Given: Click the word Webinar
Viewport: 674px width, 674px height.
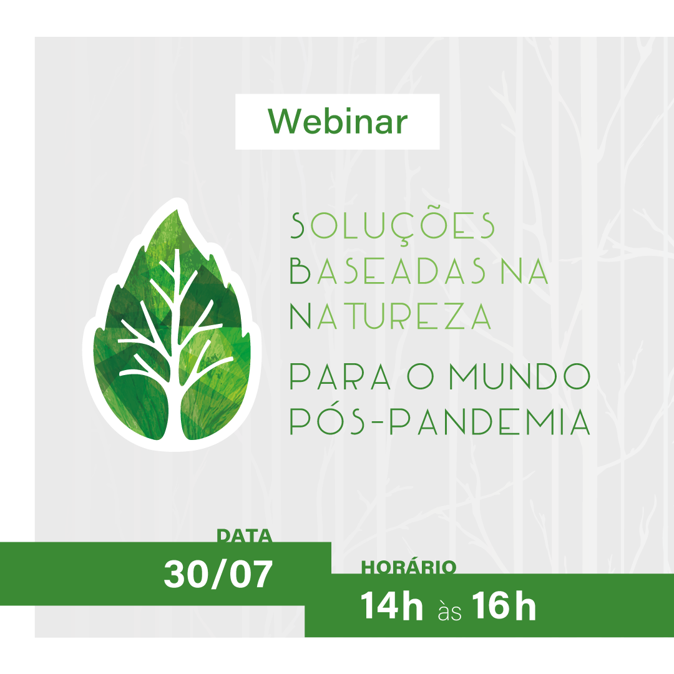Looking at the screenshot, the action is point(338,121).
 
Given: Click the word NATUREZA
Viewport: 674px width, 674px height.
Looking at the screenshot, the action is point(390,316).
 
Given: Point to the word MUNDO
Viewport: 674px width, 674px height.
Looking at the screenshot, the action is point(520,376).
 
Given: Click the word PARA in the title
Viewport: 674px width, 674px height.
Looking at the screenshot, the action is point(340,376).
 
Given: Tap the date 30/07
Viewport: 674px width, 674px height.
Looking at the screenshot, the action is point(218,574).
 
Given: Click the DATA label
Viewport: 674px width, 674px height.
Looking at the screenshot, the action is point(244,536).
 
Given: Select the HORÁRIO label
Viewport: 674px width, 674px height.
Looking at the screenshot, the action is point(408,567).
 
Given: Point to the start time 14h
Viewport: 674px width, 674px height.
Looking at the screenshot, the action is point(391,605).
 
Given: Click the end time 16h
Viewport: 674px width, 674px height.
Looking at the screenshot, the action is point(504,605).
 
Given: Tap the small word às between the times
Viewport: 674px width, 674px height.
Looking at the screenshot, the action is point(449,610).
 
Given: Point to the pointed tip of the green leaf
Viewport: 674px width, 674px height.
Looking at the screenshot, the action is point(177,210).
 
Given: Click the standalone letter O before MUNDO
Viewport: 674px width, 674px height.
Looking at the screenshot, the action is point(421,376).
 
